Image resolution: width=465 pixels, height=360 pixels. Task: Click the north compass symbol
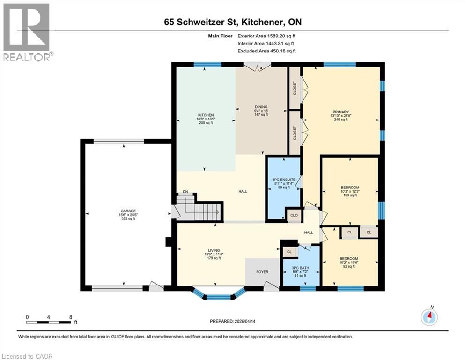point(429,317)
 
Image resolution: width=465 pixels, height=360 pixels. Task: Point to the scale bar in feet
point(49,321)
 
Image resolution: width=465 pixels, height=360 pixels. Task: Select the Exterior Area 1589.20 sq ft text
point(266,36)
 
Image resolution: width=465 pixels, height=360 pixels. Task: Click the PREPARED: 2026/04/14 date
point(233,321)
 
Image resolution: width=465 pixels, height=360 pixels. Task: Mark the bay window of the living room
point(219,294)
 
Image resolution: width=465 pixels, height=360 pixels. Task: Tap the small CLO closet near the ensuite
point(293,216)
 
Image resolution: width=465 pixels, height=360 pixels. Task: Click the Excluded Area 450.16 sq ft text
point(266,51)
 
